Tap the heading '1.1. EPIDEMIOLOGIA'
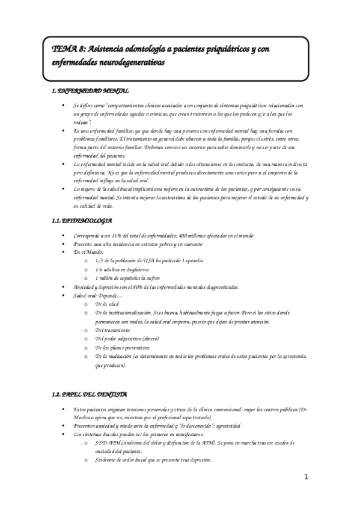[x=82, y=221]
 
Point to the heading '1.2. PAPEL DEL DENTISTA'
[x=89, y=395]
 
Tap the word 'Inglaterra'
[x=135, y=269]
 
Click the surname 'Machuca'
[x=84, y=417]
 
